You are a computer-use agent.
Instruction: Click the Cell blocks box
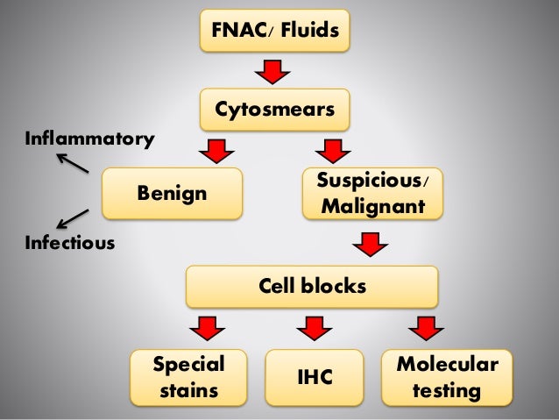[311, 287]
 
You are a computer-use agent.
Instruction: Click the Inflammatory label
[88, 139]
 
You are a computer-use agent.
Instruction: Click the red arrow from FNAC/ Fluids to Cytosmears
[272, 71]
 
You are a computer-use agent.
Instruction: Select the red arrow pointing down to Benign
[216, 151]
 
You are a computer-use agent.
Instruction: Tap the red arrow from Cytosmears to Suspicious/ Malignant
[331, 151]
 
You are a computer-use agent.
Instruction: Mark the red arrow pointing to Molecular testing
[424, 328]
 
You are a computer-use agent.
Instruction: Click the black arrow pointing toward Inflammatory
[72, 163]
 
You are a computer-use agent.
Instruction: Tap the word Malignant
[372, 207]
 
